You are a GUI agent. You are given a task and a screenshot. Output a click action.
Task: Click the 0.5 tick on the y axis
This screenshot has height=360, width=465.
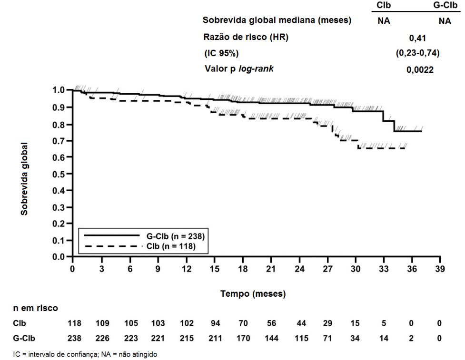click(x=60, y=174)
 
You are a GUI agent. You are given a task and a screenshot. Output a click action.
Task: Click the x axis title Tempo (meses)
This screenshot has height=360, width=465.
click(x=253, y=294)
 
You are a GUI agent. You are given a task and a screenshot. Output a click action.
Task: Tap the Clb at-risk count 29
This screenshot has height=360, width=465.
click(x=327, y=323)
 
